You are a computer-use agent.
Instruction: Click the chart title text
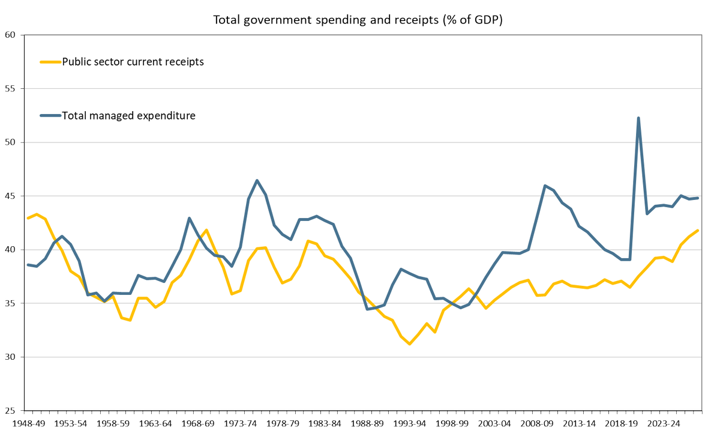click(358, 20)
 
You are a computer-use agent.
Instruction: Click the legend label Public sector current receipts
click(133, 61)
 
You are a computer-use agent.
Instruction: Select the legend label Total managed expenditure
click(129, 115)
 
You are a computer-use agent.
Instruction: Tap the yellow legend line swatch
click(50, 61)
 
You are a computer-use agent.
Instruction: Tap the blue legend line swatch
click(50, 115)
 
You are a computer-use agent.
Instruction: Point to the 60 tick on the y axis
click(10, 35)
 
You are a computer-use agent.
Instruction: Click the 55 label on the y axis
click(10, 89)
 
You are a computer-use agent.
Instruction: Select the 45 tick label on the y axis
click(10, 196)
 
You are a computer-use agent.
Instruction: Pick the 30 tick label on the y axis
click(10, 357)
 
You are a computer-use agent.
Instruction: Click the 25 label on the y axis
click(10, 411)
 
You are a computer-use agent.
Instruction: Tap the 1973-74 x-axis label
click(240, 423)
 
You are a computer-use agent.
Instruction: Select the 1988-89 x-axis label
click(367, 423)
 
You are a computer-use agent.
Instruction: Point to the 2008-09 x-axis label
click(536, 423)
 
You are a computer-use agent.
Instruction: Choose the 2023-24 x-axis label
click(664, 423)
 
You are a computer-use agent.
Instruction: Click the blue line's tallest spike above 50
click(638, 118)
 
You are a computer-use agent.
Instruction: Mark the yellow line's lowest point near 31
click(409, 344)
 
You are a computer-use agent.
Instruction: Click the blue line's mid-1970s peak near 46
click(257, 180)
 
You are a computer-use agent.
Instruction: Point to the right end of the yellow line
click(697, 230)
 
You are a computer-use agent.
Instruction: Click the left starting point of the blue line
click(28, 265)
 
